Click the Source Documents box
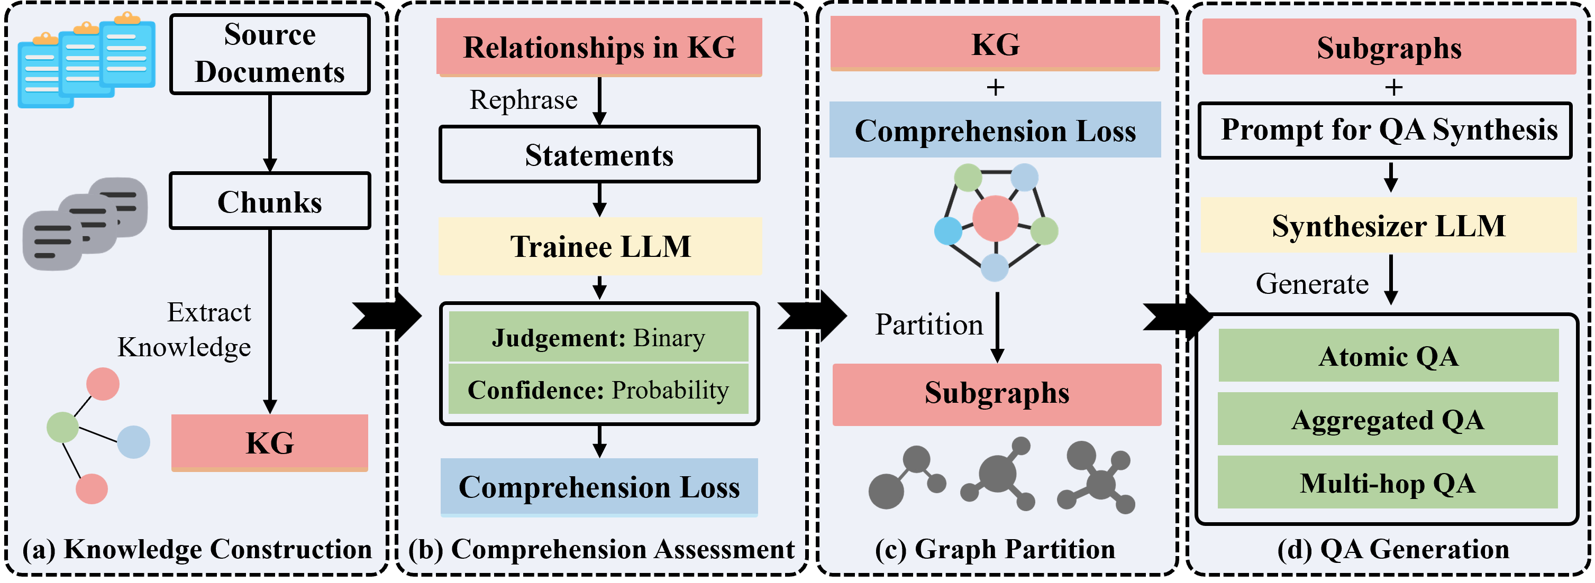(x=270, y=54)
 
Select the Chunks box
(x=270, y=201)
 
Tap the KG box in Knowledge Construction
(x=270, y=442)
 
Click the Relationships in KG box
(x=599, y=47)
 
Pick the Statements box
(x=599, y=155)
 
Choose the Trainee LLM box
(x=600, y=246)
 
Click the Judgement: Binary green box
(x=599, y=337)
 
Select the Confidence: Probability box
(x=599, y=390)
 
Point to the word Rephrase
(x=523, y=100)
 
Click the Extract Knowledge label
(x=186, y=329)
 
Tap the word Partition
(x=929, y=325)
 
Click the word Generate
(x=1312, y=283)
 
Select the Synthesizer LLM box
(x=1388, y=225)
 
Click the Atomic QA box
(x=1388, y=356)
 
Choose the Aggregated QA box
(x=1388, y=419)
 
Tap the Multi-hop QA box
(x=1388, y=483)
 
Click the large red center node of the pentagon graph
(x=995, y=218)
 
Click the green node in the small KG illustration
(x=62, y=427)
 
